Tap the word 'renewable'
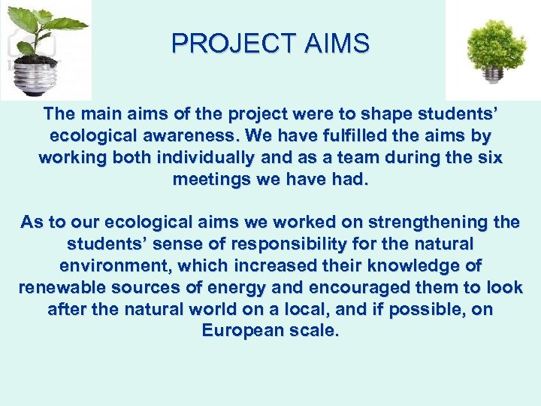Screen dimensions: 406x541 [65, 288]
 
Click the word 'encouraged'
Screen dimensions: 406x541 [352, 288]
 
